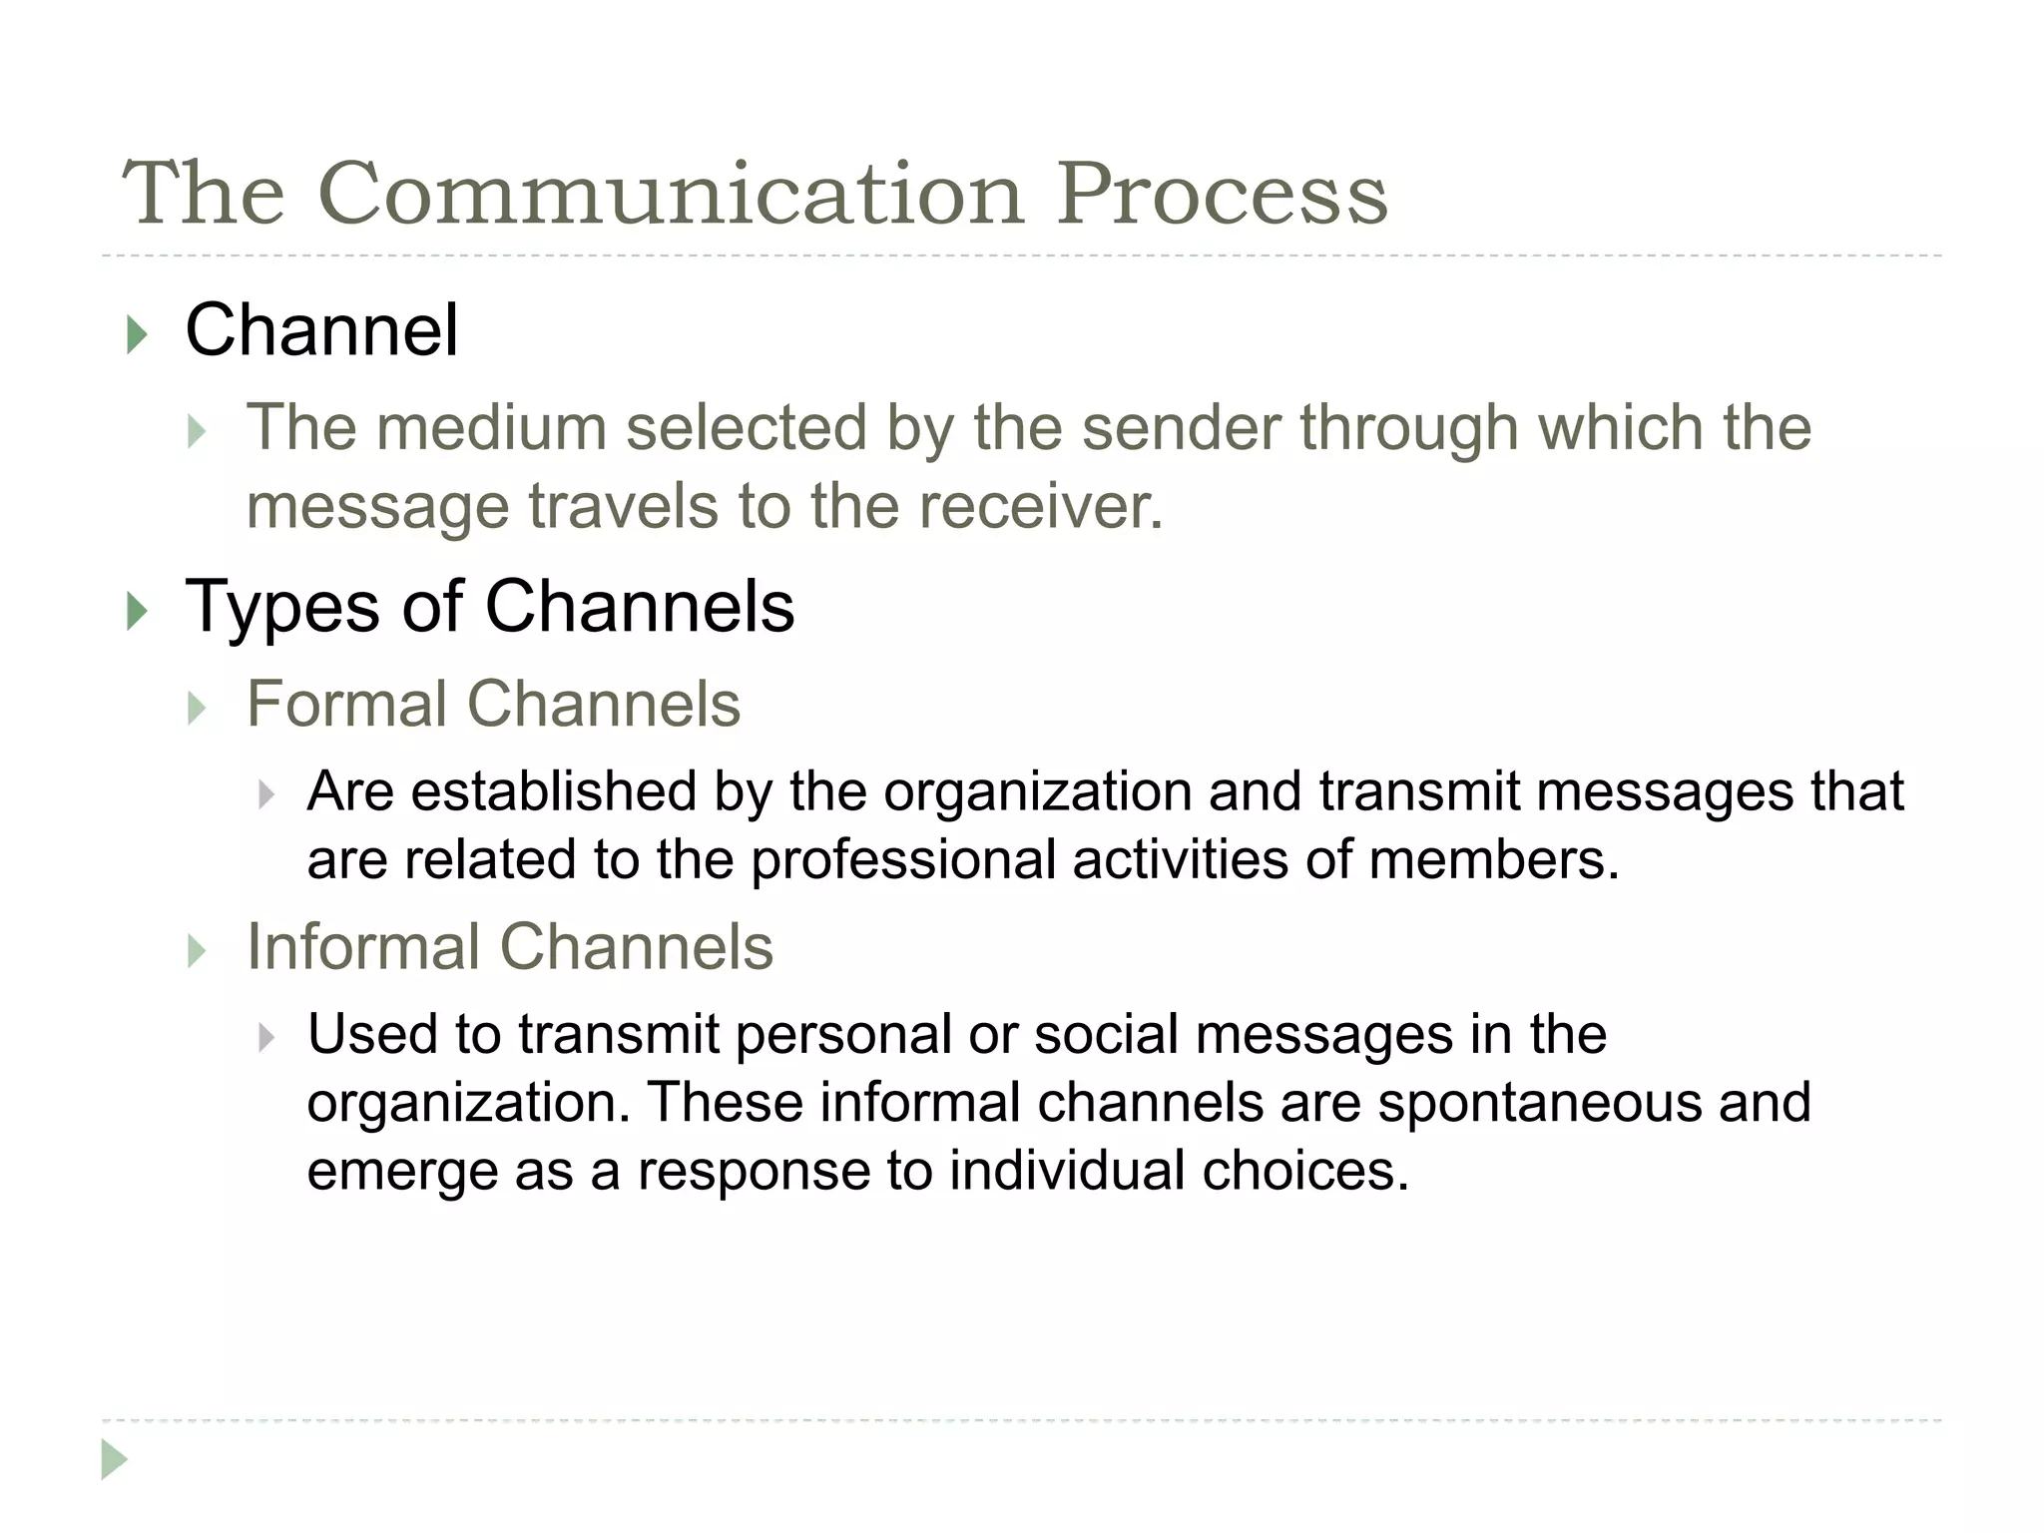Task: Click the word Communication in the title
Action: pyautogui.click(x=671, y=194)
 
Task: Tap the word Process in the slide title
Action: pyautogui.click(x=1222, y=194)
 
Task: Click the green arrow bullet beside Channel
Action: pyautogui.click(x=138, y=335)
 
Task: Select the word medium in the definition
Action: pyautogui.click(x=491, y=428)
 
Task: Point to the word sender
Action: pyautogui.click(x=1181, y=428)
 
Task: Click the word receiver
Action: pyautogui.click(x=1041, y=506)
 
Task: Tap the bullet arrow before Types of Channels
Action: pyautogui.click(x=138, y=611)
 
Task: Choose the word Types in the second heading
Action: pyautogui.click(x=282, y=609)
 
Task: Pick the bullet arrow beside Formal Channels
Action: pyautogui.click(x=198, y=710)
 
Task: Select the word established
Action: pyautogui.click(x=553, y=791)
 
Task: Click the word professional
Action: pyautogui.click(x=902, y=860)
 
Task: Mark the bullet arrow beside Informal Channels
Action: pyautogui.click(x=198, y=952)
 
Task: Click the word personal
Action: pyautogui.click(x=843, y=1035)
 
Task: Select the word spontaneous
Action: pyautogui.click(x=1537, y=1104)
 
